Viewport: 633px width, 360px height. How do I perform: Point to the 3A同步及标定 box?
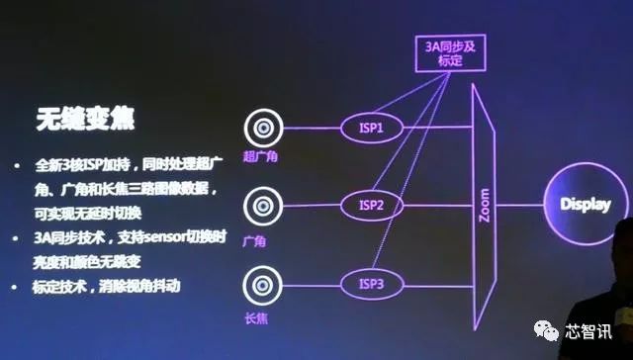[450, 51]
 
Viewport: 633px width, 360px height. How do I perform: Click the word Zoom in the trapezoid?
[484, 206]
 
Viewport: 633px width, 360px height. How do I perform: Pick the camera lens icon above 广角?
[263, 208]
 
